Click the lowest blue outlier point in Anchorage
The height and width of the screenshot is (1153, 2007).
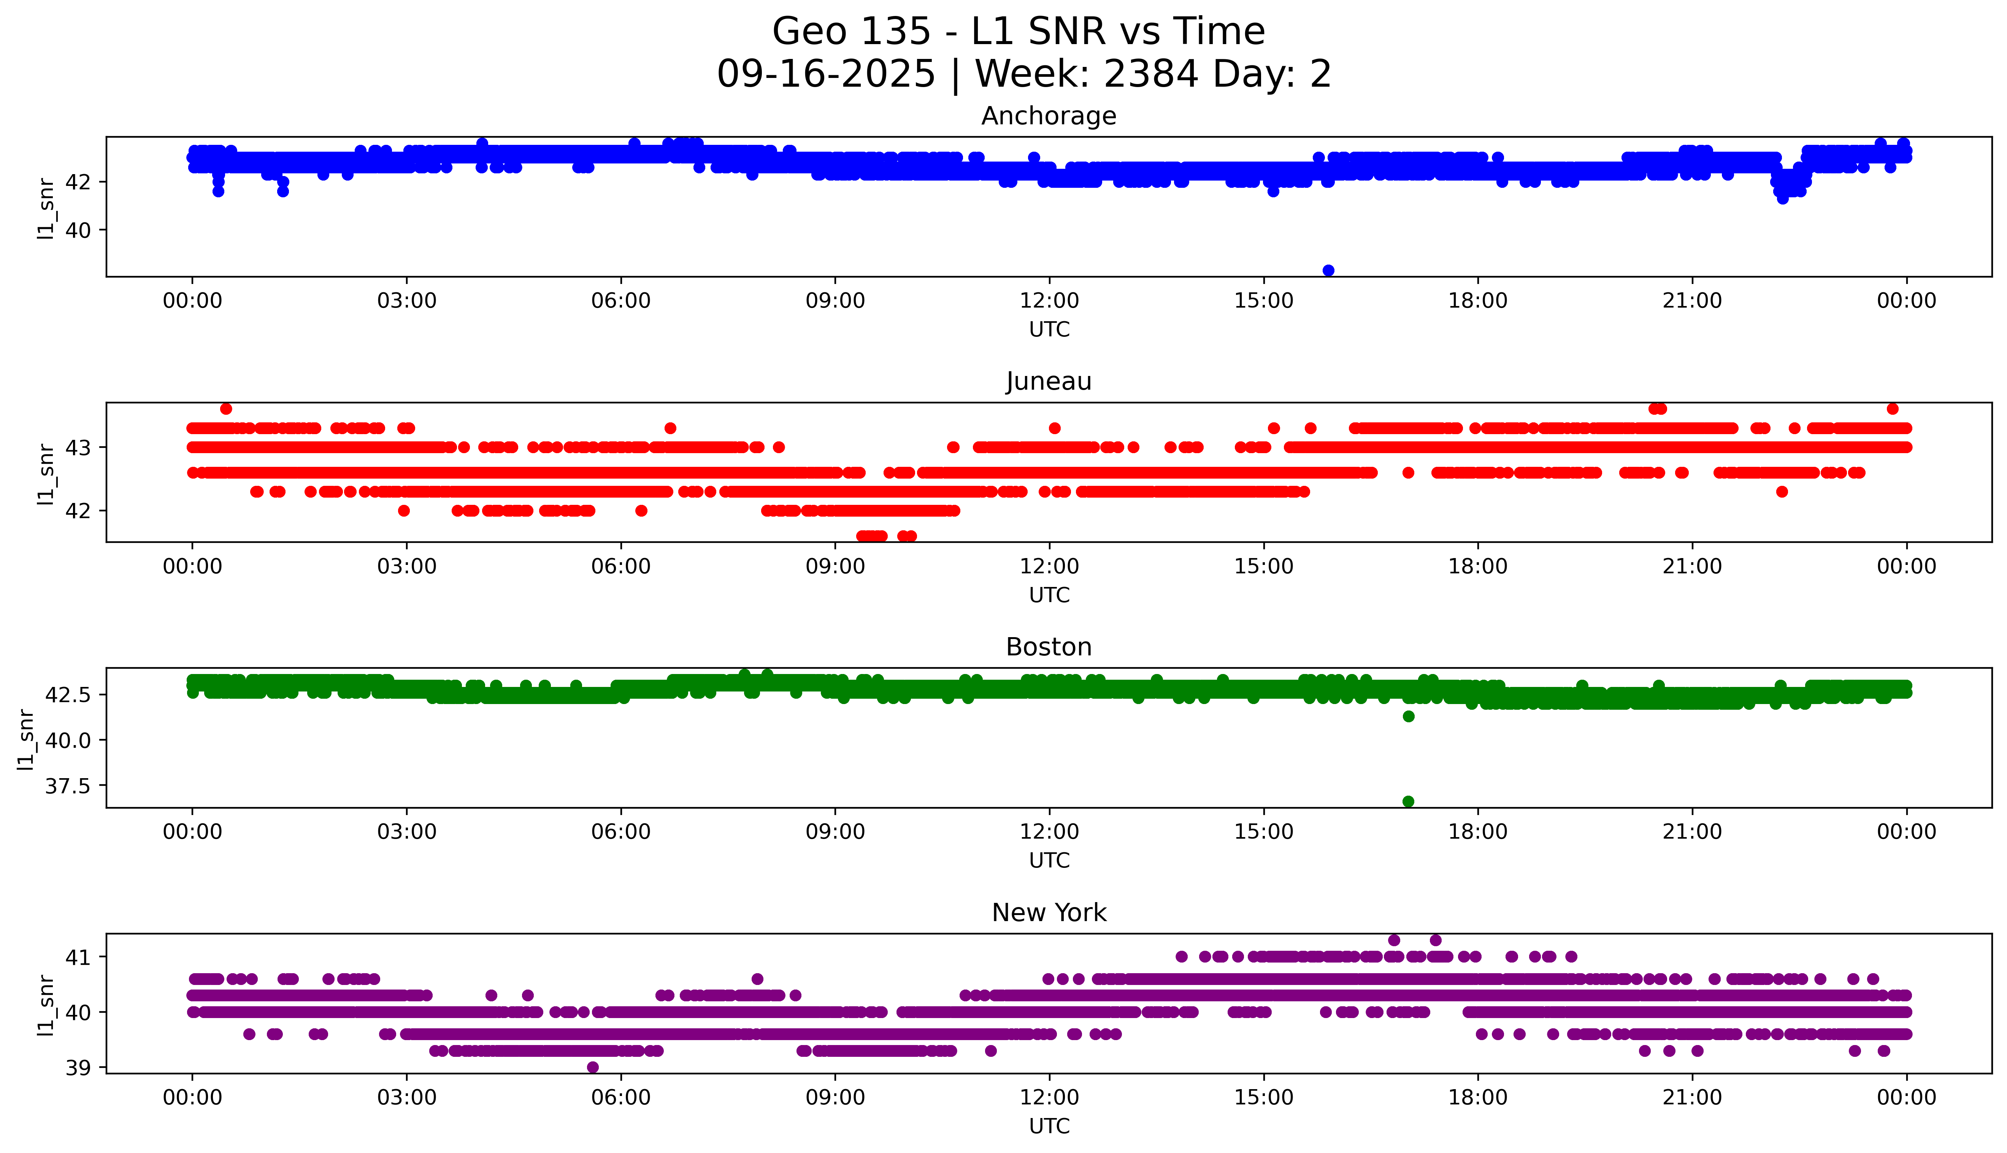1328,271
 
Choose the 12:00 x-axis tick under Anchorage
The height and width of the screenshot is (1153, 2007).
1049,301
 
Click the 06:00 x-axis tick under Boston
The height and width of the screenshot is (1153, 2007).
621,831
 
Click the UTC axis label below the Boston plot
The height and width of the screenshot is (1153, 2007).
1049,860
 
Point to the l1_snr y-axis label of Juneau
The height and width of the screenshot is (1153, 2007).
46,474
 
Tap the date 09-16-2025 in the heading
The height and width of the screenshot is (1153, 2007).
826,75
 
